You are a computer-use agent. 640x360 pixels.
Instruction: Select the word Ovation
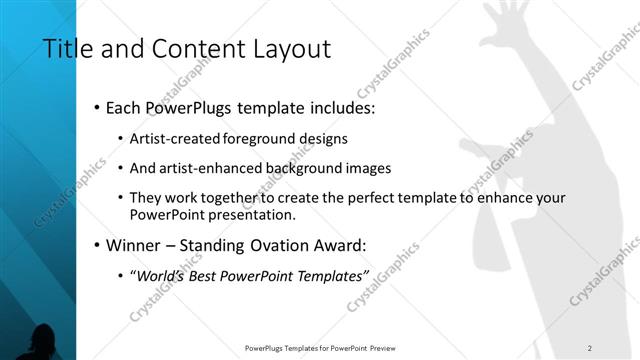[283, 244]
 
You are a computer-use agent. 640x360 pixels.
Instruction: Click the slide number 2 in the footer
[590, 348]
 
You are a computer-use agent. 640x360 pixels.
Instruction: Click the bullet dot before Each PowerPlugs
[95, 107]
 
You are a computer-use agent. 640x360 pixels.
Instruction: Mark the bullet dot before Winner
[95, 245]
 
